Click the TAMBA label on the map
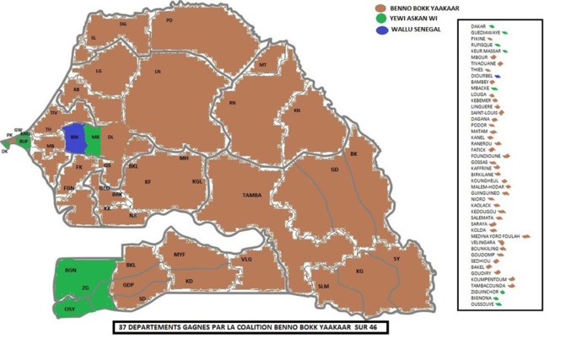click(x=251, y=196)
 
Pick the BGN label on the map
click(x=70, y=270)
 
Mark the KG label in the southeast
click(x=359, y=271)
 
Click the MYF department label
click(x=179, y=254)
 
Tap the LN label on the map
click(x=158, y=73)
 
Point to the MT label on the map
click(x=262, y=65)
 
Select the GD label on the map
click(x=334, y=169)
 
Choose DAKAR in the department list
click(x=478, y=27)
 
